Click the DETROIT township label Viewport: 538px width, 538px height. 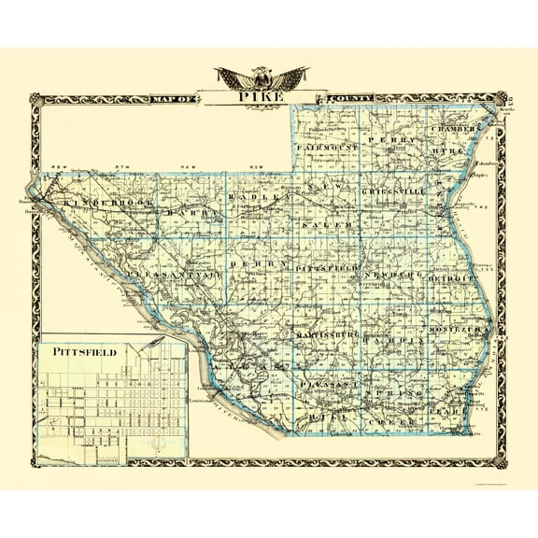pyautogui.click(x=448, y=278)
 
